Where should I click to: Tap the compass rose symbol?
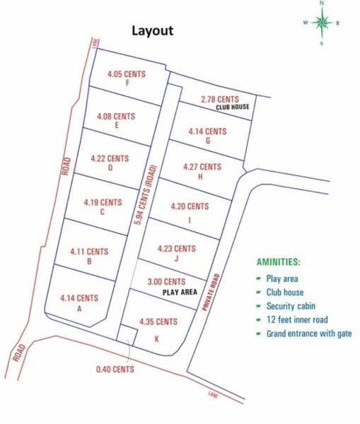pos(323,23)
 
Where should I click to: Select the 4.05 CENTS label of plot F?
pos(126,73)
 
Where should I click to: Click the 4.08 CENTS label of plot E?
pos(116,115)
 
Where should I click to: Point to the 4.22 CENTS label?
pos(110,158)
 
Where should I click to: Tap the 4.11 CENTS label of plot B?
pos(89,251)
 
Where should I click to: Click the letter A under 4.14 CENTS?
pos(79,309)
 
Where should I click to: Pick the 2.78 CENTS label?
pos(219,99)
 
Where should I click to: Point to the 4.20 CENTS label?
pos(190,206)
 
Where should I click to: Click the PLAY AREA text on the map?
pos(179,291)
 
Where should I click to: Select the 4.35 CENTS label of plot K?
pos(158,322)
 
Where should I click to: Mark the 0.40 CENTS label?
pos(115,369)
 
